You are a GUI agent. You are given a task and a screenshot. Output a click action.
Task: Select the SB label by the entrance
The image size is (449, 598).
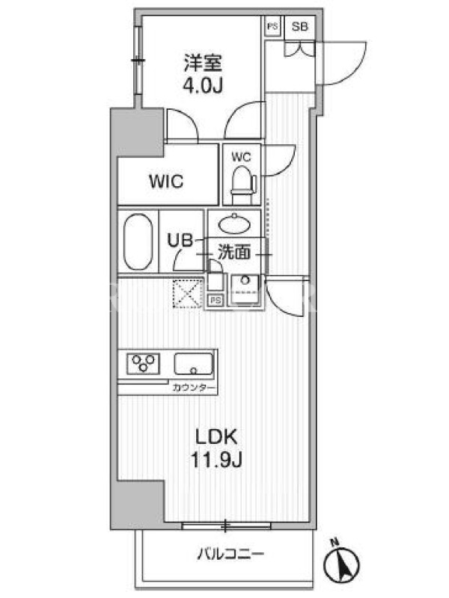coord(300,26)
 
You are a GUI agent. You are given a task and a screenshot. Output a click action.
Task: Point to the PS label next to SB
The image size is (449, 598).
coord(272,26)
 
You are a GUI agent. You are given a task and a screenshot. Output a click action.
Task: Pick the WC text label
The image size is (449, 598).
coord(241,158)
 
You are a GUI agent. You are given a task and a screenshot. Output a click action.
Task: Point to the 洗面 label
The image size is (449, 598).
coord(233,253)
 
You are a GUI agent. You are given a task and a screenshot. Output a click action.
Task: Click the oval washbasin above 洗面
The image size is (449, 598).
coord(233,225)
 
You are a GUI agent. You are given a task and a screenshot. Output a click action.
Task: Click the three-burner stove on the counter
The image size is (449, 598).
coord(145,364)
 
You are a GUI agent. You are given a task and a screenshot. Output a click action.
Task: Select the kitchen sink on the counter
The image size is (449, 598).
coord(194,364)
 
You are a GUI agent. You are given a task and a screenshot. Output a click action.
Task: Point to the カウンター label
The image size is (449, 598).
coord(193,389)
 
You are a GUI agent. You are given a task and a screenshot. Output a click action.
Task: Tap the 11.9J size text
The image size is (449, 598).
coord(217,461)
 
